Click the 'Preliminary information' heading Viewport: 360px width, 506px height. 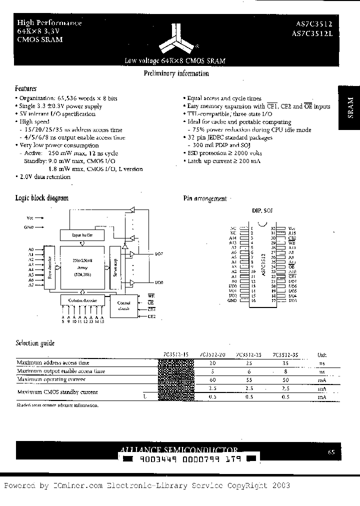176,73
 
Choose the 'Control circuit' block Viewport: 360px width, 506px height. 123,305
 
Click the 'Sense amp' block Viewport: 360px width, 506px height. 115,267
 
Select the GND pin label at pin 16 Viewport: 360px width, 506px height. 232,301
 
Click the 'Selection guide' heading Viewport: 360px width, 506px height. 34,343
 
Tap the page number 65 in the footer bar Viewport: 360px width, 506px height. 331,452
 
